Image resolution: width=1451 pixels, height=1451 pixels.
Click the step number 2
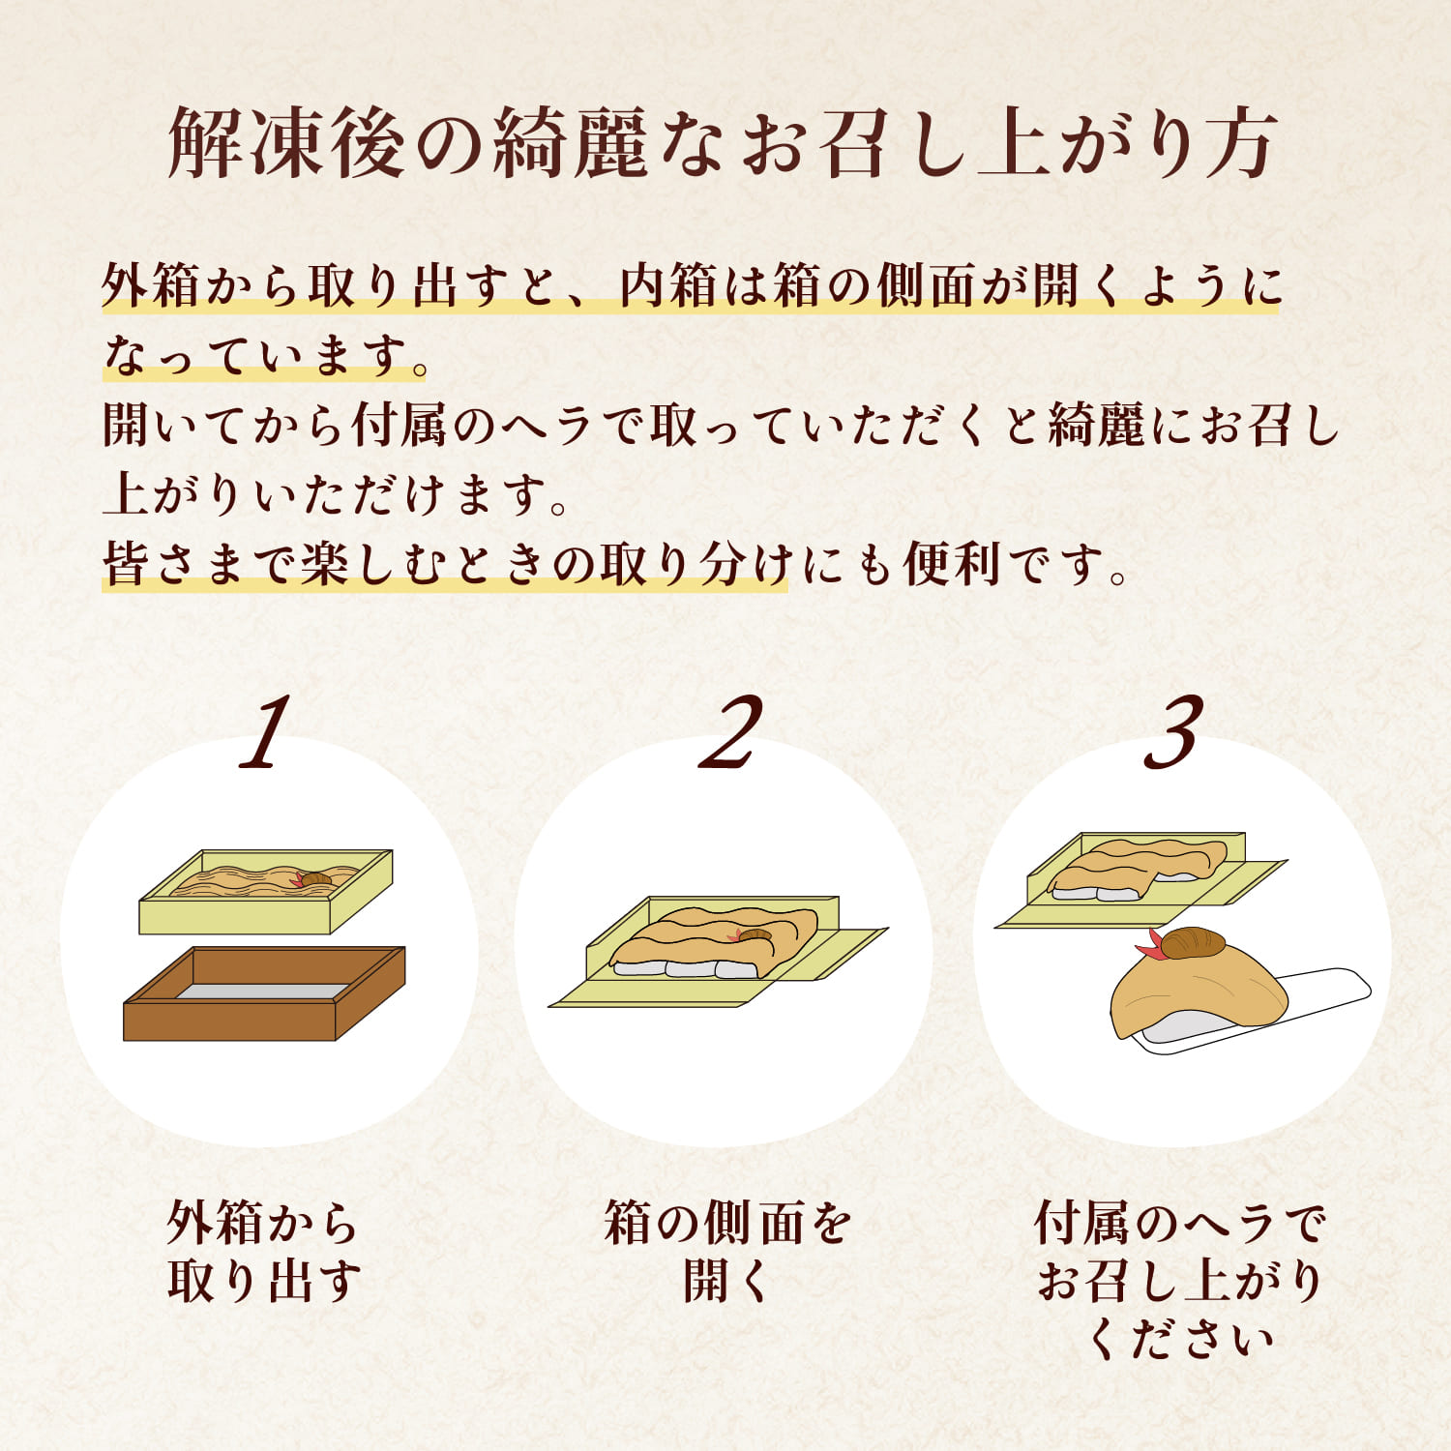tap(730, 733)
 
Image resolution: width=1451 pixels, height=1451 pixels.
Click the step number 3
tap(1173, 733)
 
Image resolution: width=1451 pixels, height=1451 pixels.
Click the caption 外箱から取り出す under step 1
tap(263, 1252)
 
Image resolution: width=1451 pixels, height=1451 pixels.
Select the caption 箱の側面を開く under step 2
tap(726, 1252)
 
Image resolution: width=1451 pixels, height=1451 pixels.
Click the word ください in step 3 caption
tap(1180, 1341)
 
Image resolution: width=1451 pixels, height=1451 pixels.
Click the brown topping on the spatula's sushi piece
tap(1192, 942)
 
